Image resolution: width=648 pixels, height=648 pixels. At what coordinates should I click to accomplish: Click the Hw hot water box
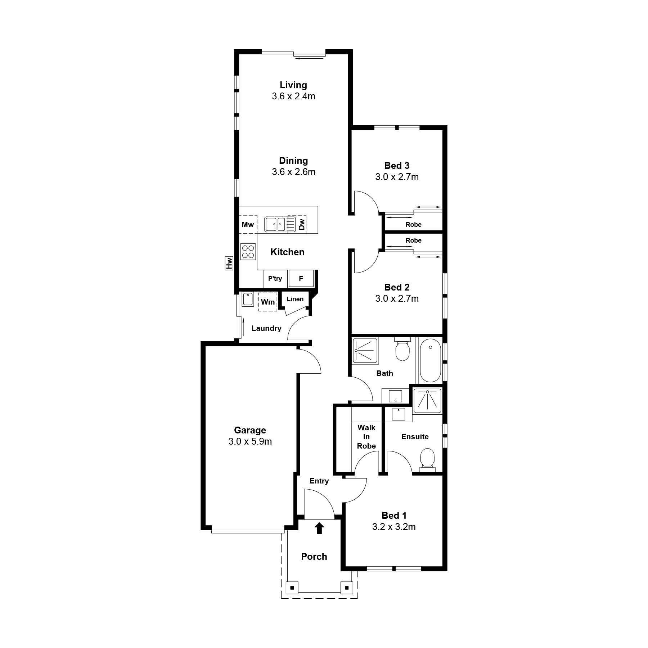click(x=229, y=263)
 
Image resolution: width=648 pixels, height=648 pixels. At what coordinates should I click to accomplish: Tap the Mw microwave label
click(x=248, y=225)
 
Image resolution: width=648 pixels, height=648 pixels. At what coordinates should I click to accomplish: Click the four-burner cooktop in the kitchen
click(x=248, y=251)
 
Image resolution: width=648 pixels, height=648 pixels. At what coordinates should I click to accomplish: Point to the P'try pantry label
click(x=275, y=279)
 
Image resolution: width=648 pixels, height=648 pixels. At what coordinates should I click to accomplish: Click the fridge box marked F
click(x=301, y=278)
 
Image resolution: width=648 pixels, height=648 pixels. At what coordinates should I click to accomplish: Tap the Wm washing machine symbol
click(x=268, y=302)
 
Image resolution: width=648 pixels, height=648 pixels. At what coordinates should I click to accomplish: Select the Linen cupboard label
click(x=295, y=299)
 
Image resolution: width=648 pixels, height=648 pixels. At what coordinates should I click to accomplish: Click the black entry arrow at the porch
click(x=319, y=528)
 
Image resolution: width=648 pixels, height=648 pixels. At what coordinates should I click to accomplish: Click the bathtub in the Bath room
click(x=430, y=360)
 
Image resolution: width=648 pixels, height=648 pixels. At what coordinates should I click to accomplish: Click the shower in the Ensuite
click(x=427, y=400)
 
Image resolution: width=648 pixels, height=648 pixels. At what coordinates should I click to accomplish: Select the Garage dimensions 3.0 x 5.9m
click(x=250, y=441)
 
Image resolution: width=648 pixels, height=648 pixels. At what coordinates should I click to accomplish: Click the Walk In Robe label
click(x=366, y=437)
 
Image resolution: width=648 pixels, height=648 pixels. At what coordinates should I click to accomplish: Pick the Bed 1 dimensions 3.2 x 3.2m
click(x=394, y=527)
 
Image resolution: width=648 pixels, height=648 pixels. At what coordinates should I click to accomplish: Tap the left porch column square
click(x=292, y=588)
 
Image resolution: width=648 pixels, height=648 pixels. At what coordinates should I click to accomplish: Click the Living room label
click(x=293, y=85)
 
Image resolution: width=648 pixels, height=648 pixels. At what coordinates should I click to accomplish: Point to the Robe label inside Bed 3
click(x=414, y=225)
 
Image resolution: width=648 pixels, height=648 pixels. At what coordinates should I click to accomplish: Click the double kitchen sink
click(x=275, y=224)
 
